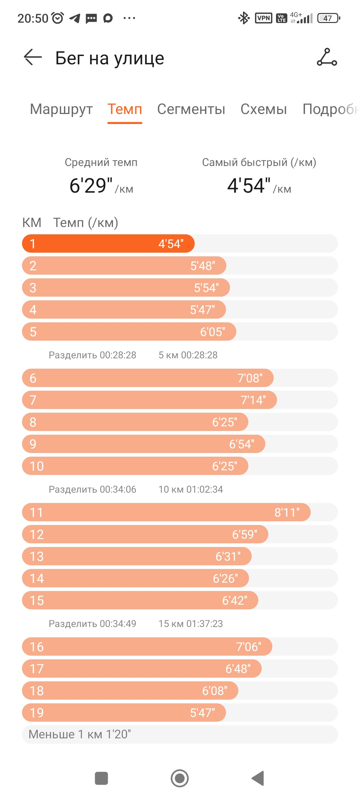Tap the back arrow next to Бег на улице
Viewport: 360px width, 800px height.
click(x=33, y=57)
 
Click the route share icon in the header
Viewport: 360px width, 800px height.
click(x=327, y=57)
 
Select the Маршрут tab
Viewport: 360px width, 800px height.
click(x=61, y=109)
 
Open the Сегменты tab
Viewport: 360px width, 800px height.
click(x=191, y=109)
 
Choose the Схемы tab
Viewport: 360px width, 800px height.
click(x=264, y=109)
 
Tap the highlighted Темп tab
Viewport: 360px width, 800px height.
click(x=125, y=109)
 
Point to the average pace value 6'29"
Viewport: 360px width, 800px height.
click(x=91, y=185)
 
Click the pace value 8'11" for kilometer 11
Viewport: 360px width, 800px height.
click(x=287, y=512)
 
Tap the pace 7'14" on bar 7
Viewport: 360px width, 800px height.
click(x=253, y=400)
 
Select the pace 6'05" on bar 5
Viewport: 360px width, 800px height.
click(x=213, y=332)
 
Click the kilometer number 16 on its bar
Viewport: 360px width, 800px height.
click(x=37, y=647)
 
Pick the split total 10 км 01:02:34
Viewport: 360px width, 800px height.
click(x=191, y=489)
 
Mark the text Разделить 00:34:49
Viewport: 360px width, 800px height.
click(x=92, y=624)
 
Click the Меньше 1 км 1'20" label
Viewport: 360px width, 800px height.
click(x=80, y=734)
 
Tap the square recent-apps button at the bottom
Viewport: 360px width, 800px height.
click(x=101, y=778)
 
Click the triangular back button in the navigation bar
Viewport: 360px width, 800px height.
click(x=258, y=778)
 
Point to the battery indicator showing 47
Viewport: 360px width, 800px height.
click(x=329, y=18)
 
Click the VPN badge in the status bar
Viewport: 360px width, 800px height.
click(x=264, y=18)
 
